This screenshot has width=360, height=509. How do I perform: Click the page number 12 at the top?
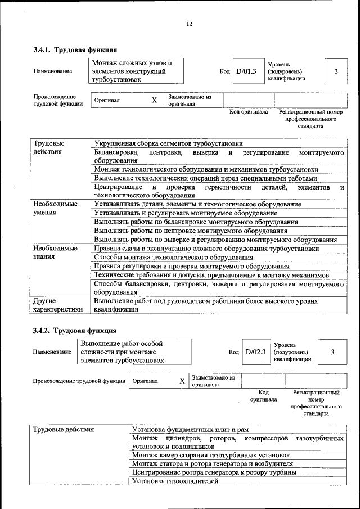(x=190, y=24)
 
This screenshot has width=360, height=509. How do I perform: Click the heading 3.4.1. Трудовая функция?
(x=75, y=50)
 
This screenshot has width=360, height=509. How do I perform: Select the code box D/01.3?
(x=246, y=71)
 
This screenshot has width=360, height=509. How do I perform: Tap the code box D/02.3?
(x=255, y=352)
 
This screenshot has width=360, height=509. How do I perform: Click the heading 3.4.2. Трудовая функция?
(x=75, y=330)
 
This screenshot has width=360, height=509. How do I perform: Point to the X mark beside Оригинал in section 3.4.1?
(x=154, y=100)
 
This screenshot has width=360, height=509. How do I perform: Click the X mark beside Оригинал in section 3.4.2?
(x=182, y=381)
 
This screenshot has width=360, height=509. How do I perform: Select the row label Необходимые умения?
(x=55, y=208)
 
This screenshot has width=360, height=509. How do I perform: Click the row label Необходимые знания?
(x=55, y=253)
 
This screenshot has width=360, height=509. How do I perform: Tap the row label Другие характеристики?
(x=58, y=305)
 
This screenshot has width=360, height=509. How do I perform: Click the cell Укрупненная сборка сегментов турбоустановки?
(x=168, y=143)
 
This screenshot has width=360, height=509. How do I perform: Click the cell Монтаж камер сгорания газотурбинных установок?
(x=211, y=454)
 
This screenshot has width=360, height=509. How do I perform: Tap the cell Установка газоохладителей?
(x=175, y=481)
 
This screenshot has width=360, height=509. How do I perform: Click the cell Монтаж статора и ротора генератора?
(x=213, y=463)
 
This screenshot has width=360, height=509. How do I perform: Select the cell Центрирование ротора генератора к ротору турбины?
(x=214, y=472)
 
